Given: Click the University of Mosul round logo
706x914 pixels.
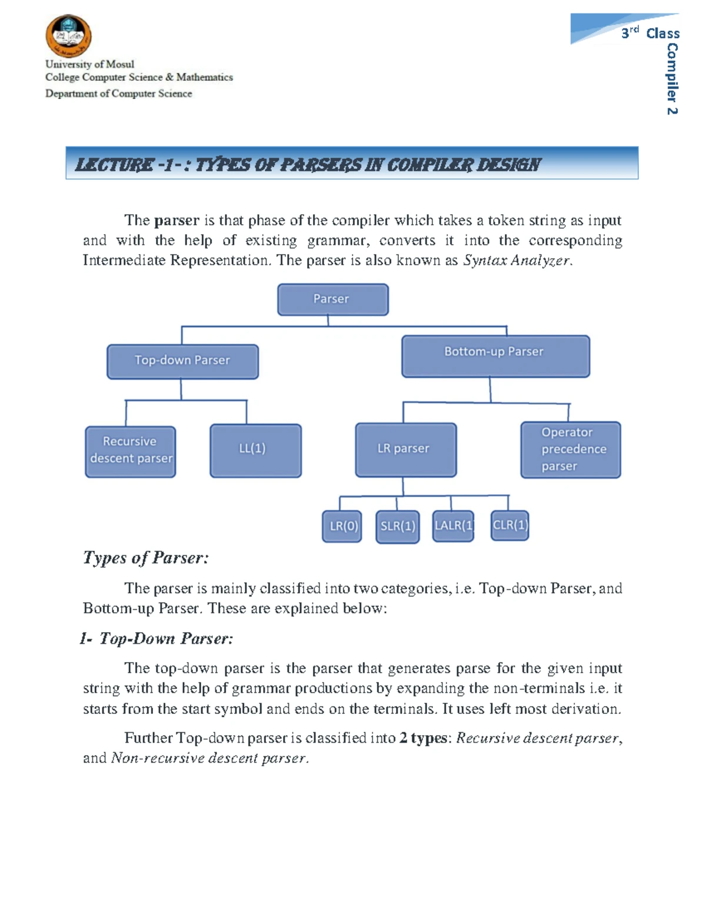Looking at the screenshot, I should pos(68,36).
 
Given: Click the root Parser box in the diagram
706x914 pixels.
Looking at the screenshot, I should pos(332,300).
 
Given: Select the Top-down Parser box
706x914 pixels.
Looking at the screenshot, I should pos(182,361).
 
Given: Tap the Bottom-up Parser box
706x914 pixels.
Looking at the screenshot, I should pos(495,356).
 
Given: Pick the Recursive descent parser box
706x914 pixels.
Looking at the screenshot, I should pos(131,451).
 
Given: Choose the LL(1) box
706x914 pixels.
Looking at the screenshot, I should pos(255,450).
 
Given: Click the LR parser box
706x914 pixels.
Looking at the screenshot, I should pos(405,450).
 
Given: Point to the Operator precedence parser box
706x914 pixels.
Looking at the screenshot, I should pos(570,450).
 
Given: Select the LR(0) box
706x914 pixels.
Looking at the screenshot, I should pos(342,526).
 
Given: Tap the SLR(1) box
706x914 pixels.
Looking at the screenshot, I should pos(398,527).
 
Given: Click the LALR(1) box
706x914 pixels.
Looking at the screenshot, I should pos(453,526).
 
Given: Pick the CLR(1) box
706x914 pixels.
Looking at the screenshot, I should pos(509,525).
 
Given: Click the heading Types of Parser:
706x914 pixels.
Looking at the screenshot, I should pos(146,557).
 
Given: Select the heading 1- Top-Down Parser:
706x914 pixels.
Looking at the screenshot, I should pos(156,639).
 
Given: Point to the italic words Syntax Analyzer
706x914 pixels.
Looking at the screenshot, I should pos(517,261).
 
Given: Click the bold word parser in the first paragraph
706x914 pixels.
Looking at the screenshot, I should pos(176,221).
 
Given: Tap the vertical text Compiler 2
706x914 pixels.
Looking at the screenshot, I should pos(672,79).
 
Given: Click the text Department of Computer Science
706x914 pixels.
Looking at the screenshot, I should pos(119,94).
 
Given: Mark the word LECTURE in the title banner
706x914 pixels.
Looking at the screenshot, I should pos(115,165).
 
